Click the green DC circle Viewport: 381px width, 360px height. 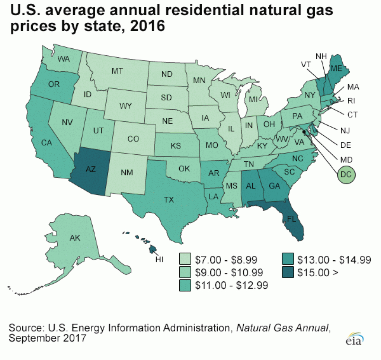pos(346,173)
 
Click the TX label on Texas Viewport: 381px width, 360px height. pos(169,200)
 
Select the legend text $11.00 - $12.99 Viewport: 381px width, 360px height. pos(232,285)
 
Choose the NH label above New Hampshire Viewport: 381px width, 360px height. pos(321,56)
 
